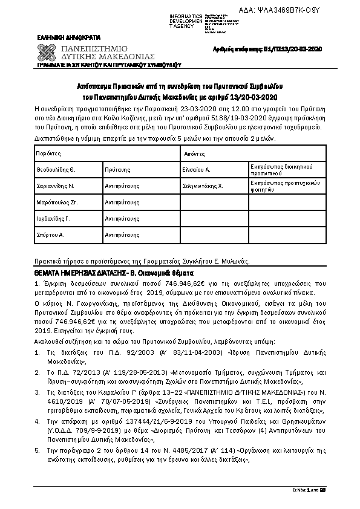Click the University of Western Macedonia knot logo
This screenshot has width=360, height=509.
50,50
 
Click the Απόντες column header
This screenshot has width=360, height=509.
194,155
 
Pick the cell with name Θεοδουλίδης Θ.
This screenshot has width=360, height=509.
56,170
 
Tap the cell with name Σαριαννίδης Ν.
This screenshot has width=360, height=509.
55,186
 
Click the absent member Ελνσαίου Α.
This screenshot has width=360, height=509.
197,170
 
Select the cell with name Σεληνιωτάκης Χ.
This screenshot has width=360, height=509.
203,186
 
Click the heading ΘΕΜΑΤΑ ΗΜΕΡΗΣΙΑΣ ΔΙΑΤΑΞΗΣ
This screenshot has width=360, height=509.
79,273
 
